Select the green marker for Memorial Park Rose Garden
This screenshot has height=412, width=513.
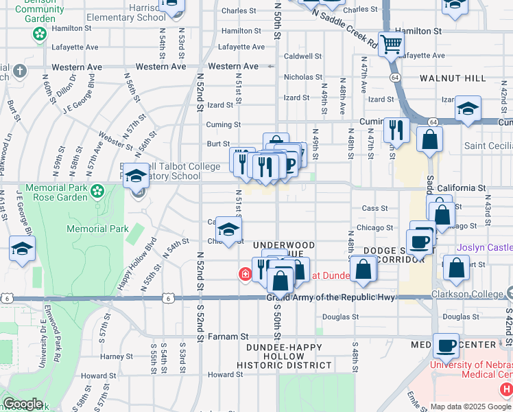coord(98,190)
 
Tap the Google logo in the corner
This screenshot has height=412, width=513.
coord(23,404)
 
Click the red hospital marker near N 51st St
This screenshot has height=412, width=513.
coord(244,275)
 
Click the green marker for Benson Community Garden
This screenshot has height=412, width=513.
coord(39,33)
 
